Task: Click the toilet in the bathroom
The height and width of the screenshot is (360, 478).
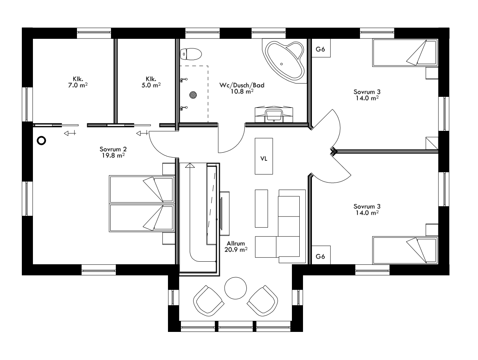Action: tap(191, 54)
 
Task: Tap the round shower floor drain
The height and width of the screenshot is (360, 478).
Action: tap(193, 95)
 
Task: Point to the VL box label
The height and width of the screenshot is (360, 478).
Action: tap(264, 159)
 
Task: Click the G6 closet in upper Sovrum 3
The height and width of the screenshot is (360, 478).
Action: tap(320, 49)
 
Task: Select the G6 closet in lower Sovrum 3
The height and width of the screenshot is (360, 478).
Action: tap(320, 256)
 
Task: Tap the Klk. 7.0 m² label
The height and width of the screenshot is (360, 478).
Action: tap(77, 82)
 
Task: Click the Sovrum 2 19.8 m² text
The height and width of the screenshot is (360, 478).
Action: tap(113, 152)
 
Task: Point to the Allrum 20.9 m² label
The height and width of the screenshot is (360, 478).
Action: tap(235, 247)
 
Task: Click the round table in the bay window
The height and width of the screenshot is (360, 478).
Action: tap(235, 288)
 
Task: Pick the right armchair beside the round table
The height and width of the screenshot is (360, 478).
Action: tap(263, 299)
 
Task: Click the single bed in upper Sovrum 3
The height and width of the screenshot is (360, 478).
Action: tap(405, 53)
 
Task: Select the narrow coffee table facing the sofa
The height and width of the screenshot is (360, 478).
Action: tap(261, 208)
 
